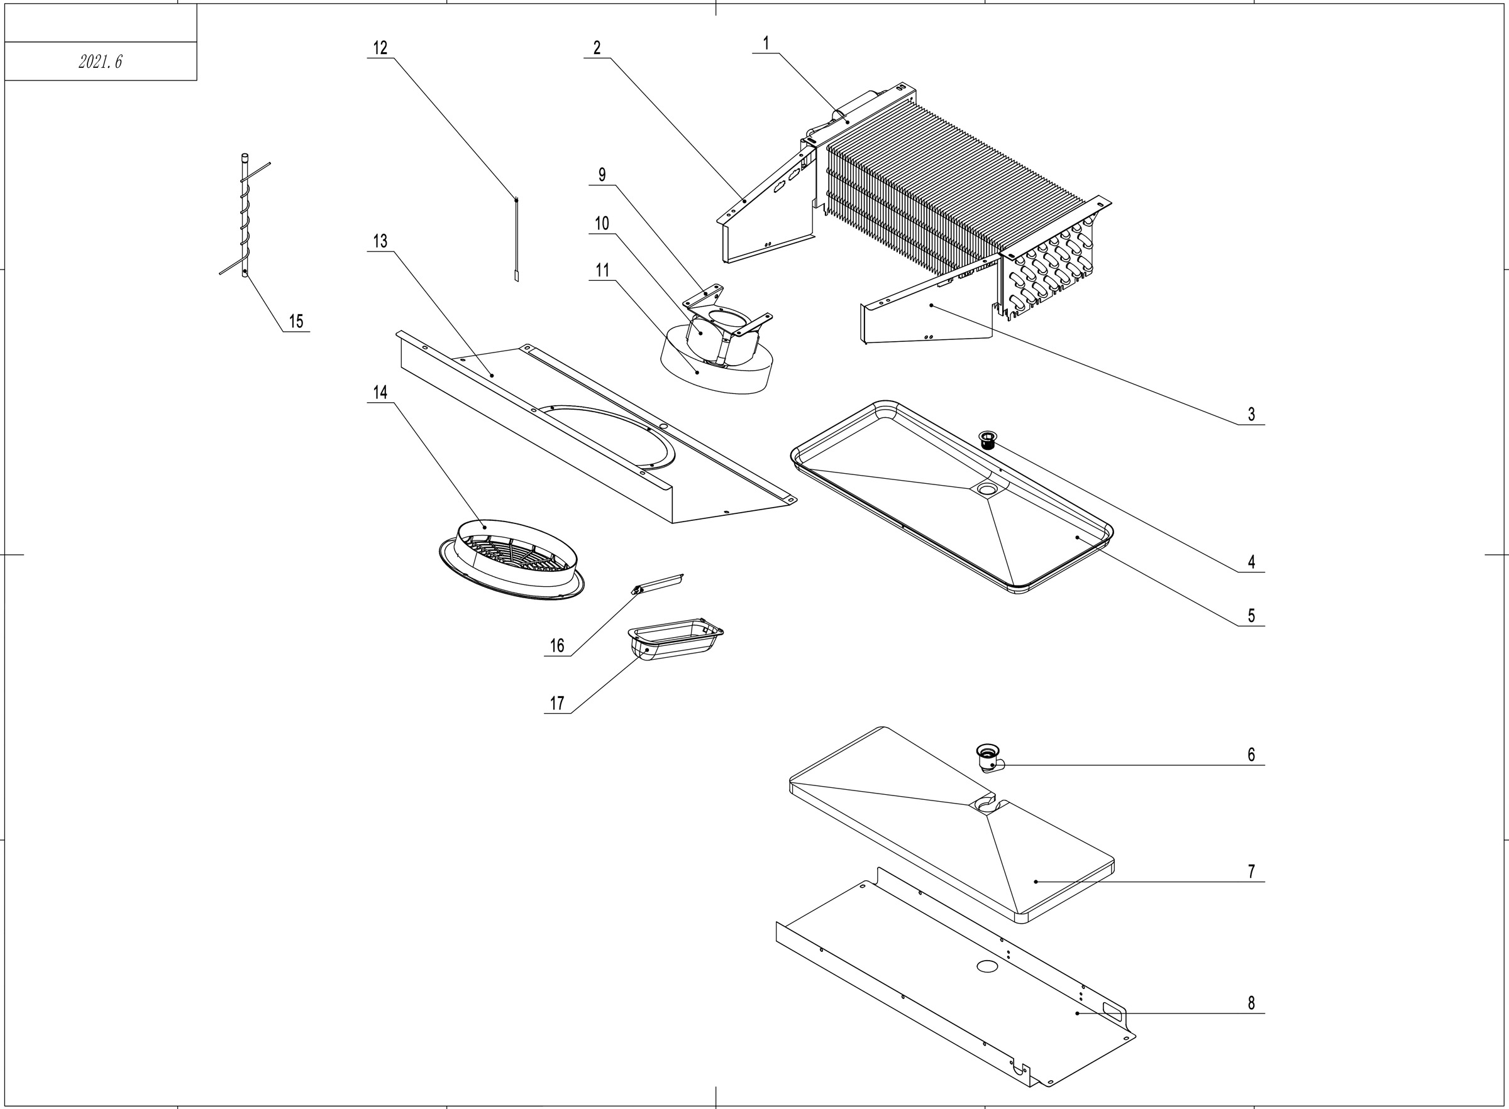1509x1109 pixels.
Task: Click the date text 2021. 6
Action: pyautogui.click(x=100, y=62)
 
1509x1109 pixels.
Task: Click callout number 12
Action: pyautogui.click(x=380, y=48)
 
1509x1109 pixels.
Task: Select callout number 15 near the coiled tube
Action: pyautogui.click(x=296, y=321)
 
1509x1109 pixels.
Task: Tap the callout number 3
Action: pyautogui.click(x=1251, y=414)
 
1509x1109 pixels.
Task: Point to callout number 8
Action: pyautogui.click(x=1251, y=1003)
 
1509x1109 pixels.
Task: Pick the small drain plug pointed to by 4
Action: pyautogui.click(x=988, y=440)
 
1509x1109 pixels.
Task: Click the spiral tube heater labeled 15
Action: pyautogui.click(x=245, y=215)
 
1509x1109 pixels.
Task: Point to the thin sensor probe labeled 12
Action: pyautogui.click(x=516, y=238)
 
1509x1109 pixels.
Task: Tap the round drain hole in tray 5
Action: pyautogui.click(x=987, y=490)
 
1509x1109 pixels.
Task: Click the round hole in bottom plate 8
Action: pyautogui.click(x=987, y=966)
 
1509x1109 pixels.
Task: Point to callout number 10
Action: pyautogui.click(x=602, y=224)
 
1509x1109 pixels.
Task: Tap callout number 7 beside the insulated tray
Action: pyautogui.click(x=1251, y=871)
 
